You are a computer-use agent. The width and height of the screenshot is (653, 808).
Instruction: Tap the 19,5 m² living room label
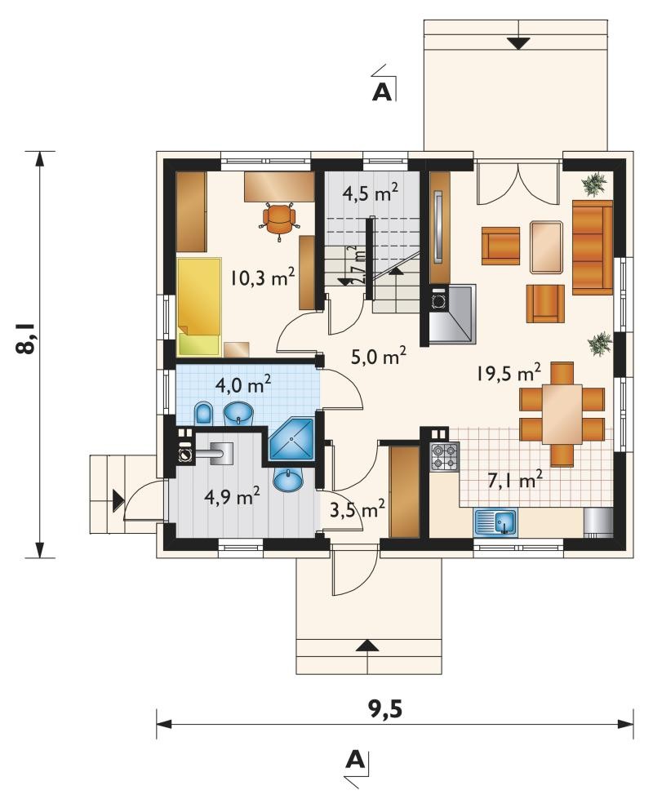[x=509, y=372]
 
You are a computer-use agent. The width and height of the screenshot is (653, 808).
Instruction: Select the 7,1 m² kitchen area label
[x=515, y=480]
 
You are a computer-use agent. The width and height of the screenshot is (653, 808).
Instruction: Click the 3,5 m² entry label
[x=358, y=509]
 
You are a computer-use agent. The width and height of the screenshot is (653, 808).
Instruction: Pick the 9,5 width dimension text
[x=384, y=709]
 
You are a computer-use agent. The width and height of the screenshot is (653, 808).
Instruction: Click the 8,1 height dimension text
[x=26, y=338]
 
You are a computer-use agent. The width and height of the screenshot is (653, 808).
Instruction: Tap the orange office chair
[x=280, y=219]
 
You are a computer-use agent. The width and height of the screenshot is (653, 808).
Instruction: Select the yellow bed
[x=199, y=307]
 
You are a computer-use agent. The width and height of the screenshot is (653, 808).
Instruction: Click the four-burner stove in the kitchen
[x=444, y=456]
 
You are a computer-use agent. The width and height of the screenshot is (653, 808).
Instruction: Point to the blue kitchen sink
[x=495, y=523]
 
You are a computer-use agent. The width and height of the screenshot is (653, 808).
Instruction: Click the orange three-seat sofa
[x=592, y=248]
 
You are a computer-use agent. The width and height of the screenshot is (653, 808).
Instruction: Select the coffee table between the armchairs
[x=546, y=246]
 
